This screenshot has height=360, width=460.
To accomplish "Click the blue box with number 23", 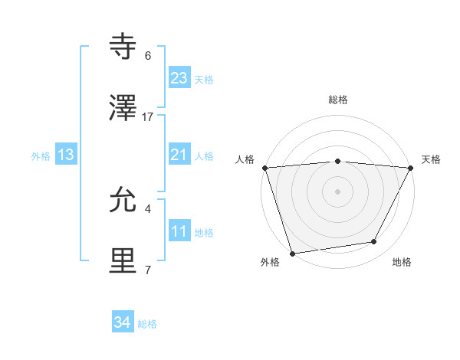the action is [x=179, y=78].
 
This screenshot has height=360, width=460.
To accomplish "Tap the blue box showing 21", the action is [x=179, y=155].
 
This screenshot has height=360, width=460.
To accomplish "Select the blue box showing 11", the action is [x=179, y=231].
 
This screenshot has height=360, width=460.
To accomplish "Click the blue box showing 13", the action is [x=66, y=155].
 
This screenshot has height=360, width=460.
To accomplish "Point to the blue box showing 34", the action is [x=123, y=322].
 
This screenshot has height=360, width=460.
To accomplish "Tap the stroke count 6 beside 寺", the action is [x=148, y=56].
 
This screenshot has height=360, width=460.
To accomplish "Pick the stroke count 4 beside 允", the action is [x=148, y=208].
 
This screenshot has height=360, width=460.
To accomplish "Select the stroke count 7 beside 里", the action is [x=148, y=270].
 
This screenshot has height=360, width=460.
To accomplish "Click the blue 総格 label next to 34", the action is [x=147, y=324].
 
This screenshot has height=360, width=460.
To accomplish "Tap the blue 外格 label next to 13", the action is [x=41, y=156].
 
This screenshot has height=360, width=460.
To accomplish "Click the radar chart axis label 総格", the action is [x=337, y=100].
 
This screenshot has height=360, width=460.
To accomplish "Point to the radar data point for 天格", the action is [x=411, y=168].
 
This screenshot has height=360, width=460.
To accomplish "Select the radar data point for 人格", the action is [x=264, y=168].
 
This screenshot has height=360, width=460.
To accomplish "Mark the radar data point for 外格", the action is [x=292, y=252].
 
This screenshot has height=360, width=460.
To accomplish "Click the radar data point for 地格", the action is [x=374, y=242].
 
